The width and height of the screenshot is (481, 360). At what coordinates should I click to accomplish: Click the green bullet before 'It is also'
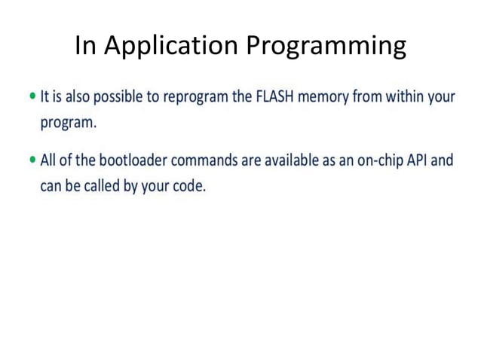[x=32, y=97]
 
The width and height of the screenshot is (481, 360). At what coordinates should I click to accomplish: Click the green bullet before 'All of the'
[x=32, y=160]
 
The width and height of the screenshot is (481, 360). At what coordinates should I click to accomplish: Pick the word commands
[x=204, y=161]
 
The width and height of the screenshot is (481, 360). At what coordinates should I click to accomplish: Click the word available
[x=285, y=161]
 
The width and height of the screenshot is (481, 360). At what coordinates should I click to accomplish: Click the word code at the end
[x=187, y=185]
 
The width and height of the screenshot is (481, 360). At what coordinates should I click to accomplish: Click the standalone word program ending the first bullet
[x=68, y=124]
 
